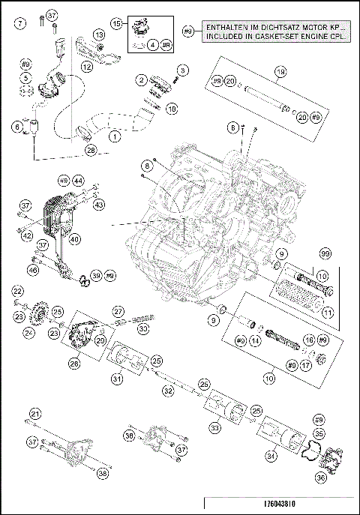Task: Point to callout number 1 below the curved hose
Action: pyautogui.click(x=114, y=137)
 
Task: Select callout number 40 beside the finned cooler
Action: pyautogui.click(x=75, y=240)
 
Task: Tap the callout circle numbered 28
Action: pyautogui.click(x=90, y=150)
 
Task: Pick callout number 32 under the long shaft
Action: pyautogui.click(x=169, y=390)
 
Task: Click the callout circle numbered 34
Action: pyautogui.click(x=269, y=454)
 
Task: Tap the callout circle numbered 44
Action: pyautogui.click(x=79, y=181)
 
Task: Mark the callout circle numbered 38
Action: pyautogui.click(x=102, y=474)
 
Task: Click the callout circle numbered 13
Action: pyautogui.click(x=98, y=35)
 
